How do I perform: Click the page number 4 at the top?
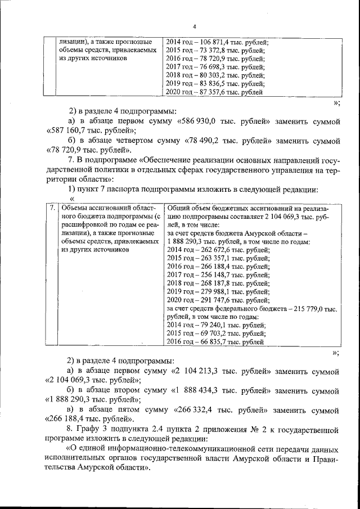[x=194, y=26]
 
